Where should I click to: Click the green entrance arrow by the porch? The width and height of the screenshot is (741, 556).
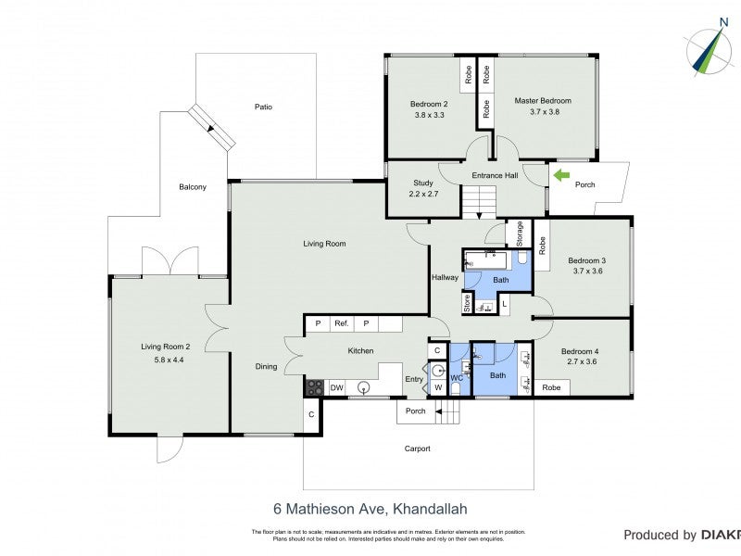(x=561, y=173)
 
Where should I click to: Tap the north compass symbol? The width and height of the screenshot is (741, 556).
(x=708, y=51)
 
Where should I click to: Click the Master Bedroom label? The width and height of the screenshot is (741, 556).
(x=544, y=101)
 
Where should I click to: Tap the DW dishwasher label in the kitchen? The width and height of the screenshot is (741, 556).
(x=337, y=387)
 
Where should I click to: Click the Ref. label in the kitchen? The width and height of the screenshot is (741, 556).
(x=341, y=323)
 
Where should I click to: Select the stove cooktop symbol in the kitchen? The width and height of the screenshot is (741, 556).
(x=315, y=387)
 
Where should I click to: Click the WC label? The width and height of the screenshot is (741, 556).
(x=456, y=379)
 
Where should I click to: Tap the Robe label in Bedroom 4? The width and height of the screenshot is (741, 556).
(x=551, y=387)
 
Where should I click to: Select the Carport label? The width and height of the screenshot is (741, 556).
(x=418, y=449)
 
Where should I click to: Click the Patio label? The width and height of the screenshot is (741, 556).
(x=264, y=107)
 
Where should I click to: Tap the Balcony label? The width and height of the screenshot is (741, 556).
(x=193, y=187)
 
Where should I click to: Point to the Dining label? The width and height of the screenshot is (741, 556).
(x=266, y=367)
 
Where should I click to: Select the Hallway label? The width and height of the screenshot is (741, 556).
(x=445, y=277)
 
